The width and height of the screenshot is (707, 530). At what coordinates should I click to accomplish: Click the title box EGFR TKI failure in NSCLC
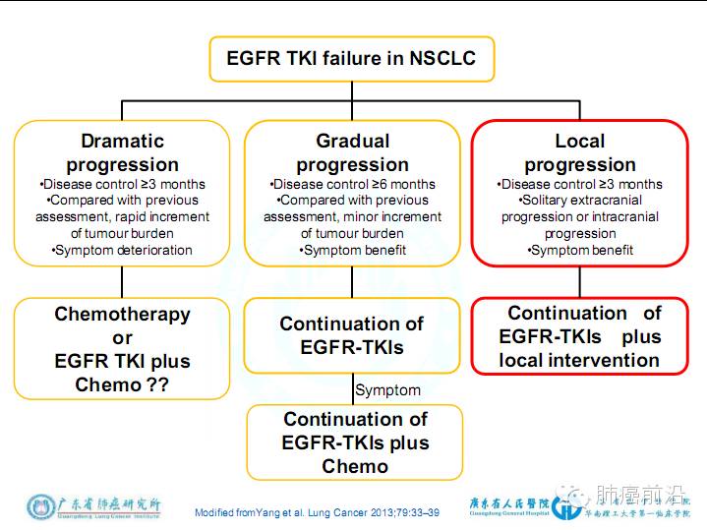pyautogui.click(x=350, y=58)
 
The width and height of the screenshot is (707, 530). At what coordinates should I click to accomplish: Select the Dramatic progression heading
pyautogui.click(x=122, y=152)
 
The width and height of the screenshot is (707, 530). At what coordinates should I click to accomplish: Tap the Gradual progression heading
pyautogui.click(x=352, y=152)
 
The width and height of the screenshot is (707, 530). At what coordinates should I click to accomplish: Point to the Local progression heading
pyautogui.click(x=579, y=152)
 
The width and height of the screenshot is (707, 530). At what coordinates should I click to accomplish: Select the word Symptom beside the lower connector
pyautogui.click(x=387, y=390)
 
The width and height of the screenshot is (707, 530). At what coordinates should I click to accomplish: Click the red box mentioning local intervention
pyautogui.click(x=579, y=336)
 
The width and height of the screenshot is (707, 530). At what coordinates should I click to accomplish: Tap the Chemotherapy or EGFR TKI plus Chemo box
pyautogui.click(x=122, y=349)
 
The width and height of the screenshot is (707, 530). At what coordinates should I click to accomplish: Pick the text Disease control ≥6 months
pyautogui.click(x=352, y=184)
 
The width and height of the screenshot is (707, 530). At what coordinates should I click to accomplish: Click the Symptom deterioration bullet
pyautogui.click(x=122, y=250)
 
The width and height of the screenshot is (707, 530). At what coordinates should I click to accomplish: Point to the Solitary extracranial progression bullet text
pyautogui.click(x=579, y=208)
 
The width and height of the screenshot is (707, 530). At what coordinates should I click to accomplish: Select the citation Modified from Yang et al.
pyautogui.click(x=317, y=512)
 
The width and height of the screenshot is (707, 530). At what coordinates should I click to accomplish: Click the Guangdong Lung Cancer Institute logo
pyautogui.click(x=94, y=507)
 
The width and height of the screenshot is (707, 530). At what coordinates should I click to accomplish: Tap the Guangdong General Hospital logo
pyautogui.click(x=521, y=505)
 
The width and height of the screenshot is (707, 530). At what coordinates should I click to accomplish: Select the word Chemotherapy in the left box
pyautogui.click(x=122, y=315)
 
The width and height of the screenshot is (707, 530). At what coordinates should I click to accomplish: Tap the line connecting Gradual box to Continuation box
pyautogui.click(x=352, y=282)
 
